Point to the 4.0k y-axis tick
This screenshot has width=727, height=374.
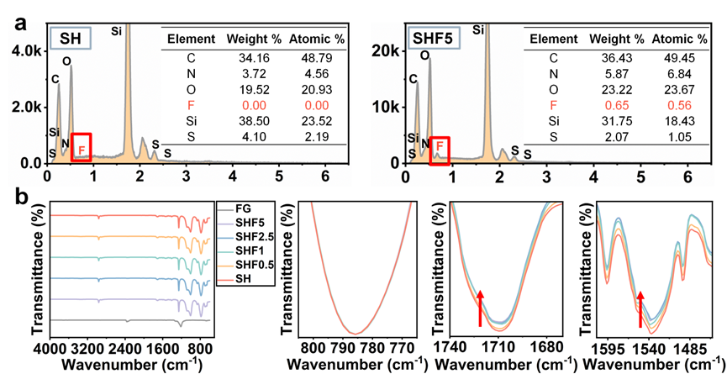click(24, 50)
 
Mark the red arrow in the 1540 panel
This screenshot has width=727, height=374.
click(640, 308)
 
